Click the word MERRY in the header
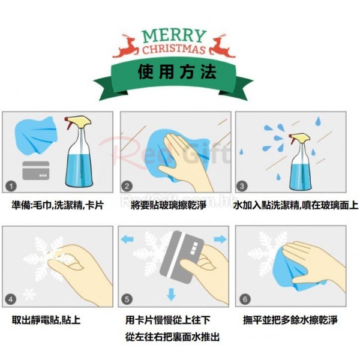pos(174,36)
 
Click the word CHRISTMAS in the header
pos(174,49)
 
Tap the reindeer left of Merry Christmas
pos(126,46)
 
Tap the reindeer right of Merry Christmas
pos(222,46)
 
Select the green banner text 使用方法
pos(177,72)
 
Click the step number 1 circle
pos(11,185)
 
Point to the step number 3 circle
pos(242,185)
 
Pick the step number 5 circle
pos(127,299)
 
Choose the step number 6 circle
pos(245,299)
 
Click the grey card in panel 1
pos(36,170)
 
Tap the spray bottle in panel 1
pos(79,152)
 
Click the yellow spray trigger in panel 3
pos(299,138)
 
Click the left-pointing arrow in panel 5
pos(127,239)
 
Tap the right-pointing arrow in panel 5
pos(220,239)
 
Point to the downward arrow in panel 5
pos(171,295)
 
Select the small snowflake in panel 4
pos(30,295)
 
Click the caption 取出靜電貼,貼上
pos(46,320)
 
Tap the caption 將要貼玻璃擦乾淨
pos(168,205)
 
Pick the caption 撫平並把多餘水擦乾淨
pos(290,320)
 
